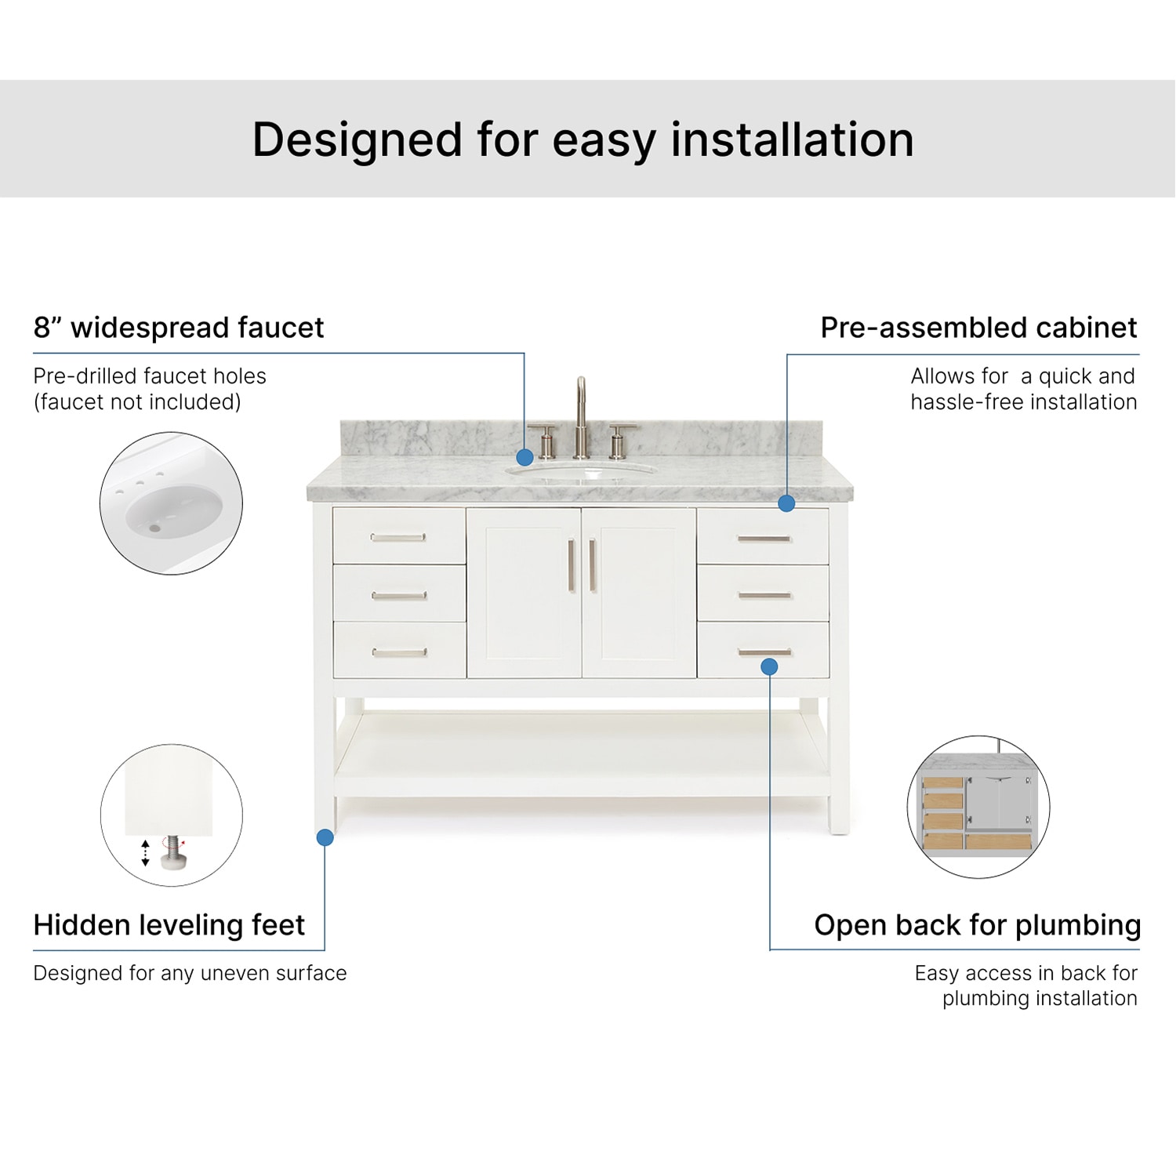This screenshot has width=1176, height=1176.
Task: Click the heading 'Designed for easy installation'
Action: [x=583, y=140]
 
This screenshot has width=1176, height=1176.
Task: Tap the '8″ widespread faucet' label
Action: [x=179, y=328]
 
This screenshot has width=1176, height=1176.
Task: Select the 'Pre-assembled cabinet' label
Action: [x=978, y=328]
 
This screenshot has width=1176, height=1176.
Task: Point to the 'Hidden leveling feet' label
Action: [x=169, y=925]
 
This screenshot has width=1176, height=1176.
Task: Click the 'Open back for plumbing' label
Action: [x=977, y=925]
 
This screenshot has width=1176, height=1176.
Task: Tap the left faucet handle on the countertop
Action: [x=544, y=441]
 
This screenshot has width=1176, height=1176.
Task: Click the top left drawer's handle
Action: [x=398, y=537]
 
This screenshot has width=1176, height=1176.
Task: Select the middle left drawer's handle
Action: [x=398, y=596]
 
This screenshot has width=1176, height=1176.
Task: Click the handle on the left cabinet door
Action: [x=571, y=565]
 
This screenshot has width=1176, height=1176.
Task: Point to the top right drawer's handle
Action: [x=764, y=539]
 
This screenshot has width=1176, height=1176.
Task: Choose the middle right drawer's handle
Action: [x=764, y=596]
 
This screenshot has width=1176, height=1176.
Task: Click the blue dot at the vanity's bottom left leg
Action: [x=325, y=837]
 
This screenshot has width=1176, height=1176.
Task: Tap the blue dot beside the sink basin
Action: [x=524, y=457]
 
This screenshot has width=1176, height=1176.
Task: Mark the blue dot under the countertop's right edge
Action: [x=786, y=503]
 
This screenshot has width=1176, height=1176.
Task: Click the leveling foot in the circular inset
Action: [x=172, y=853]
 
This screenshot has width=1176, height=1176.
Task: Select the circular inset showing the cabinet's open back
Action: [x=978, y=807]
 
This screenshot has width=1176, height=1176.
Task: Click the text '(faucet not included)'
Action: [x=137, y=402]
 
